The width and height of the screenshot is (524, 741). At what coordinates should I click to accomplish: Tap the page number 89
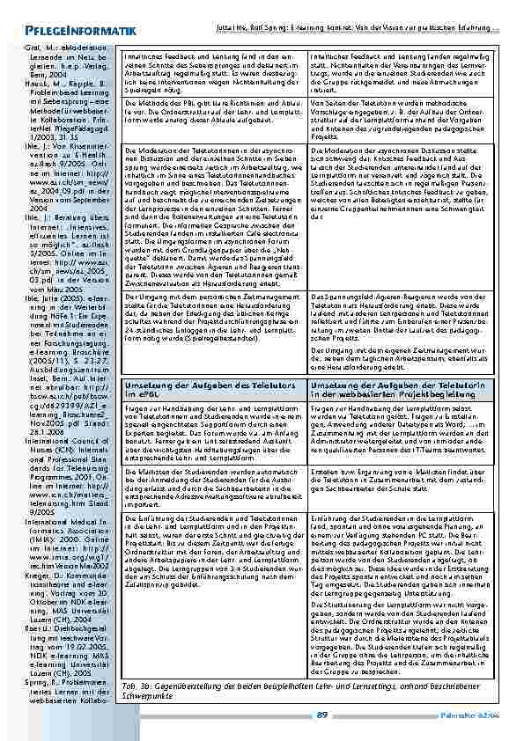click(322, 715)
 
